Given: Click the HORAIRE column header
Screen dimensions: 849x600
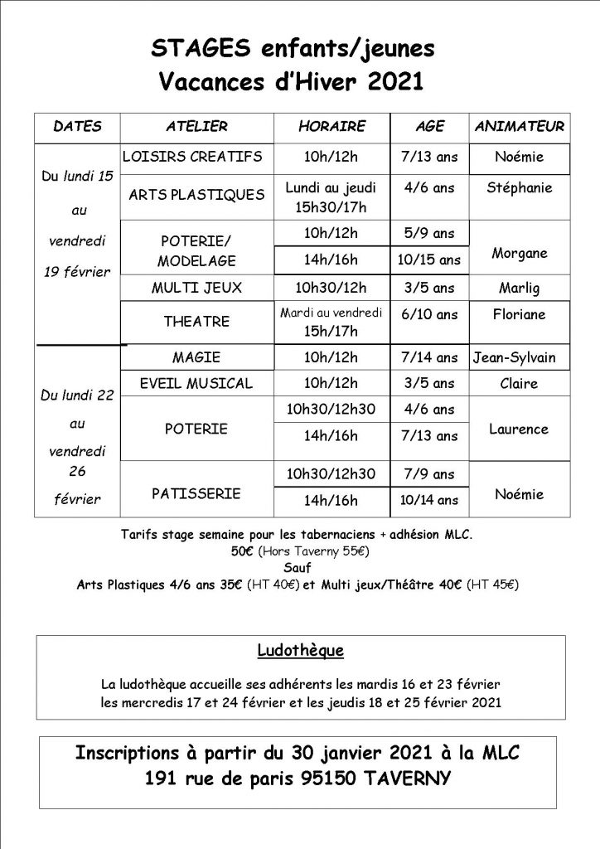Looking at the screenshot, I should click(x=331, y=127).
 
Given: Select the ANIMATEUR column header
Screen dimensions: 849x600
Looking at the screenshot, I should click(x=520, y=127).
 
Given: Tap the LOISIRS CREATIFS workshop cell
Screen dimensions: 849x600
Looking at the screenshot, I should click(x=191, y=156).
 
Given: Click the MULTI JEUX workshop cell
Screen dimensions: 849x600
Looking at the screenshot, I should click(x=196, y=289).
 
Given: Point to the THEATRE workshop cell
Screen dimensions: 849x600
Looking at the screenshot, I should click(x=196, y=321).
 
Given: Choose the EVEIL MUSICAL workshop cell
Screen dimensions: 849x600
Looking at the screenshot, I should click(x=197, y=384).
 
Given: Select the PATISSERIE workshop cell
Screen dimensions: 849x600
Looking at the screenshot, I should click(x=196, y=493).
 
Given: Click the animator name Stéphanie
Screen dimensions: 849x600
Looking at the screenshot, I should click(x=520, y=187).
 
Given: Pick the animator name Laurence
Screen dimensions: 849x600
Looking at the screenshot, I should click(x=519, y=429).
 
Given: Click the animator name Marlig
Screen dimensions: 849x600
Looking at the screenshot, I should click(x=520, y=289).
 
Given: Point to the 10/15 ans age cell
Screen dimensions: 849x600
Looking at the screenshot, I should click(x=428, y=260).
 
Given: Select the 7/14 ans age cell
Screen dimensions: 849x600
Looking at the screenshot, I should click(x=428, y=358).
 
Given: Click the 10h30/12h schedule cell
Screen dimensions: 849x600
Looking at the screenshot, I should click(x=331, y=289).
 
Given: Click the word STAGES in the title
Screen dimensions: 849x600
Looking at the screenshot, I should click(x=191, y=50).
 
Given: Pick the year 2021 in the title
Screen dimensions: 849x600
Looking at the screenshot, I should click(x=391, y=81).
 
